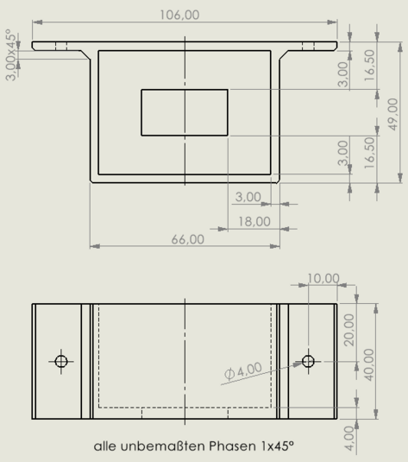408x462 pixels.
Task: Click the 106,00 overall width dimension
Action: [179, 15]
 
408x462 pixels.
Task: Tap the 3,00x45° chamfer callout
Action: [11, 54]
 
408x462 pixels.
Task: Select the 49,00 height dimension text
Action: [393, 114]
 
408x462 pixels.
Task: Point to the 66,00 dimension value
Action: [188, 239]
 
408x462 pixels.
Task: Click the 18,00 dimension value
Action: [254, 222]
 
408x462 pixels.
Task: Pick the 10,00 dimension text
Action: [323, 278]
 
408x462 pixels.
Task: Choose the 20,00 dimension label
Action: [349, 330]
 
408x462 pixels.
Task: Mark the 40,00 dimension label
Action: [369, 364]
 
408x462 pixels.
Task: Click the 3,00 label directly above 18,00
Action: [248, 197]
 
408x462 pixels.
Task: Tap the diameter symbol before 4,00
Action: [229, 374]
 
